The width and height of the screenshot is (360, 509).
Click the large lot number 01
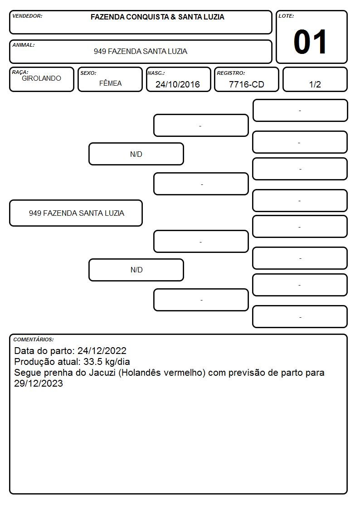pyautogui.click(x=310, y=42)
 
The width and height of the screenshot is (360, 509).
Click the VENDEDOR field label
pyautogui.click(x=27, y=16)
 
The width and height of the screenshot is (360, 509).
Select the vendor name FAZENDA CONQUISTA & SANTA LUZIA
pyautogui.click(x=157, y=17)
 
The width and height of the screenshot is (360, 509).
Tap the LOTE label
pyautogui.click(x=286, y=16)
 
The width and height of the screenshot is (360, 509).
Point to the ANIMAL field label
pyautogui.click(x=24, y=45)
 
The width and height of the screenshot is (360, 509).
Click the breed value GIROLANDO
pyautogui.click(x=42, y=78)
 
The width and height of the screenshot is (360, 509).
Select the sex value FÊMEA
pyautogui.click(x=110, y=83)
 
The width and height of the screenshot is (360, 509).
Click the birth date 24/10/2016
pyautogui.click(x=178, y=84)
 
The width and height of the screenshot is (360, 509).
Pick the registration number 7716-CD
pyautogui.click(x=246, y=84)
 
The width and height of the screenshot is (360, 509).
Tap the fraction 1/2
pyautogui.click(x=315, y=84)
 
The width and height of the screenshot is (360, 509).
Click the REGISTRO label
pyautogui.click(x=231, y=73)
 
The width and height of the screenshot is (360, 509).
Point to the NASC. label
pyautogui.click(x=156, y=73)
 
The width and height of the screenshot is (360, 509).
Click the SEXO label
pyautogui.click(x=88, y=73)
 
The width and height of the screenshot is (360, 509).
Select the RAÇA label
pyautogui.click(x=20, y=72)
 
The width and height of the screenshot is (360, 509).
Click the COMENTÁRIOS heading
pyautogui.click(x=34, y=339)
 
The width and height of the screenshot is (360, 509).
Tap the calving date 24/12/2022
pyautogui.click(x=102, y=350)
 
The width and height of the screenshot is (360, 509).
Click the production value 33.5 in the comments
pyautogui.click(x=93, y=362)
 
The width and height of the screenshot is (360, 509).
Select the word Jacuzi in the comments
pyautogui.click(x=102, y=373)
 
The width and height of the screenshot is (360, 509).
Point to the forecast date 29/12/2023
pyautogui.click(x=38, y=383)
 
